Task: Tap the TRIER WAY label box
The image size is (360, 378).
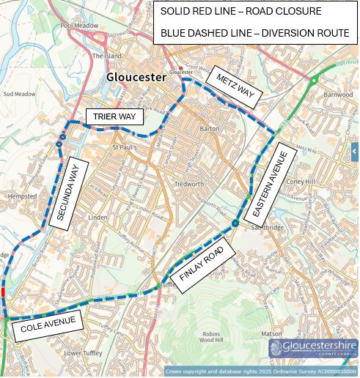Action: click(x=114, y=116)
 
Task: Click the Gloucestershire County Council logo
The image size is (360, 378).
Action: click(x=313, y=349)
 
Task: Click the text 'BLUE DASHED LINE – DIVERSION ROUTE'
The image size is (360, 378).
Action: click(x=255, y=34)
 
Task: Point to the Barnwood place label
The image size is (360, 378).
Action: click(x=338, y=94)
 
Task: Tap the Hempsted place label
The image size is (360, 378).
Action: click(x=16, y=197)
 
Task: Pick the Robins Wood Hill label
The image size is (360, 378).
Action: click(x=216, y=338)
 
